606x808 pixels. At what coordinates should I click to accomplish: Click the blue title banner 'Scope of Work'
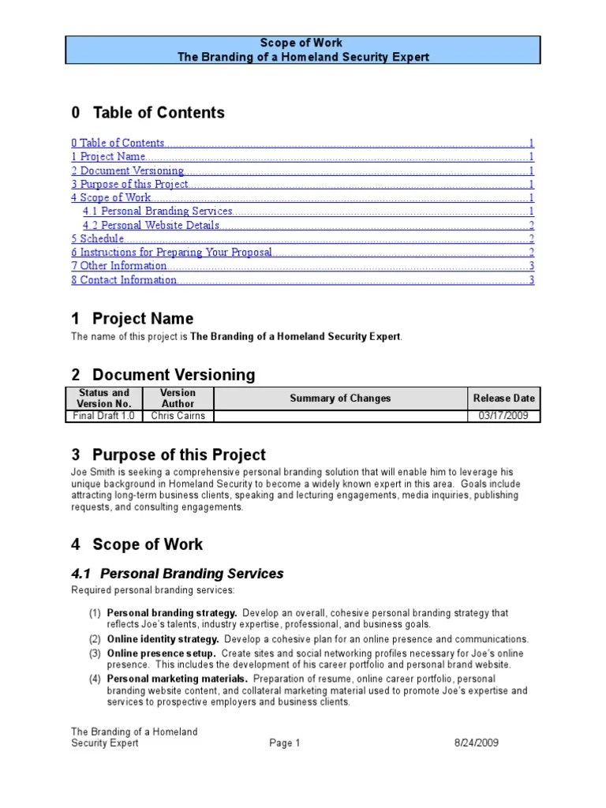(301, 50)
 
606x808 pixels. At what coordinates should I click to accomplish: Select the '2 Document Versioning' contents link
(128, 170)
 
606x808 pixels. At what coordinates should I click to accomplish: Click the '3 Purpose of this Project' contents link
(130, 184)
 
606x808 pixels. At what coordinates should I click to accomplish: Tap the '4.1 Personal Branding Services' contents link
(158, 211)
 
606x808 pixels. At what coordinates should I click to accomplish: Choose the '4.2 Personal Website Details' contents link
(151, 226)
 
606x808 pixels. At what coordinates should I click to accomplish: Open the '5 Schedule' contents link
(98, 239)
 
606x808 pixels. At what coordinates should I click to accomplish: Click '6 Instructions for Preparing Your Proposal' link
(172, 252)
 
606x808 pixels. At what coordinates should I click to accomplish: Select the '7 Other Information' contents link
(119, 266)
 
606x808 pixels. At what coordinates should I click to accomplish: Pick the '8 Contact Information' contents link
(124, 280)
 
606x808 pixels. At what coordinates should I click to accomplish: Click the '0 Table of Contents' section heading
(148, 113)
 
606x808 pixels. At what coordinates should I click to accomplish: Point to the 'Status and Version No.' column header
(104, 398)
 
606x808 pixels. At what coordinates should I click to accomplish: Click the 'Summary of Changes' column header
(340, 398)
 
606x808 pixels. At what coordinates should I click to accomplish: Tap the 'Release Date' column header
(503, 398)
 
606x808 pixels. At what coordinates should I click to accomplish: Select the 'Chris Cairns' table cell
(178, 416)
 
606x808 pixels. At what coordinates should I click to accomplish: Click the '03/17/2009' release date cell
(503, 416)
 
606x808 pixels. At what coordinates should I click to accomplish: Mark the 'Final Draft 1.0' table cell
(104, 416)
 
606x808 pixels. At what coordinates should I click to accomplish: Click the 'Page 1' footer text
(285, 743)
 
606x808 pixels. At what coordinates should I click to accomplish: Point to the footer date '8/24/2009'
(476, 743)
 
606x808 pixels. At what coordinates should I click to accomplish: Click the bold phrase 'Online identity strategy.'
(163, 639)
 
